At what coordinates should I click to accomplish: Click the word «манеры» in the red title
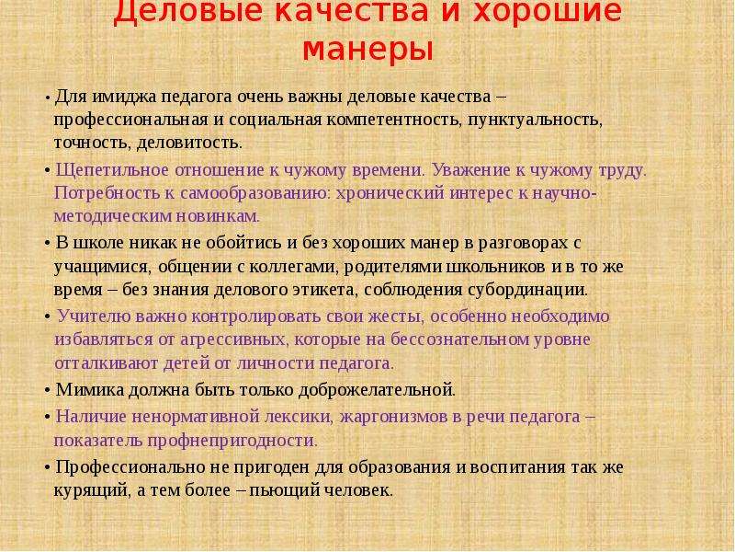[x=367, y=50]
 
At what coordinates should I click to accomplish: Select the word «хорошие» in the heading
[x=547, y=11]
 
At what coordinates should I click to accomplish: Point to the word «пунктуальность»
[x=535, y=120]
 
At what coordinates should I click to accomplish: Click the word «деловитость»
[x=189, y=143]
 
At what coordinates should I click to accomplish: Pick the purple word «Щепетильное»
[x=112, y=170]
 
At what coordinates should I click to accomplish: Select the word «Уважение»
[x=471, y=170]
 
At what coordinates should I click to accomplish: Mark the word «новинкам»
[x=218, y=216]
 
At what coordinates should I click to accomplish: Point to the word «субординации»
[x=527, y=290]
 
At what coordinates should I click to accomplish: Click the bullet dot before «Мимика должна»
[x=48, y=390]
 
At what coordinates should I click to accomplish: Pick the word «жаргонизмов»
[x=394, y=417]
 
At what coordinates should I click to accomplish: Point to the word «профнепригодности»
[x=232, y=441]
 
